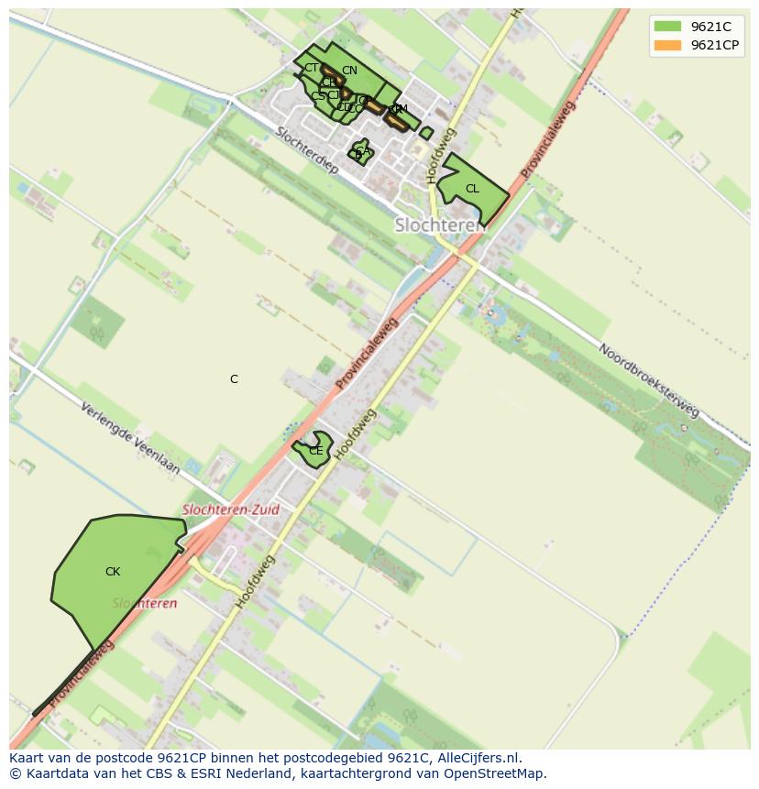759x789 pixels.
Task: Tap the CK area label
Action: tap(113, 572)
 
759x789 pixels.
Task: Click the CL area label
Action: tap(472, 189)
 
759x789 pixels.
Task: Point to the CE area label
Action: tap(315, 451)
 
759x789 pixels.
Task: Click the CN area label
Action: tap(349, 71)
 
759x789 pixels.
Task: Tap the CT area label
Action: tap(312, 68)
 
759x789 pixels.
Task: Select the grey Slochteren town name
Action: tap(440, 225)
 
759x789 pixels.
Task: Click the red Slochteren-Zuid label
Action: tap(231, 510)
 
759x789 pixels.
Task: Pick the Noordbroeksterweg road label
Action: tap(650, 380)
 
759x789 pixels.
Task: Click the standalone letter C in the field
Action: tap(234, 379)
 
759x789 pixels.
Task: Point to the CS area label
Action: tap(317, 96)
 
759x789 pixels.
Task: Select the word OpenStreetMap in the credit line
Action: tap(500, 773)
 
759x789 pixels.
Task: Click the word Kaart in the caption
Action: tap(26, 758)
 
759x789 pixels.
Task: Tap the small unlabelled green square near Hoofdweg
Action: tap(426, 133)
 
